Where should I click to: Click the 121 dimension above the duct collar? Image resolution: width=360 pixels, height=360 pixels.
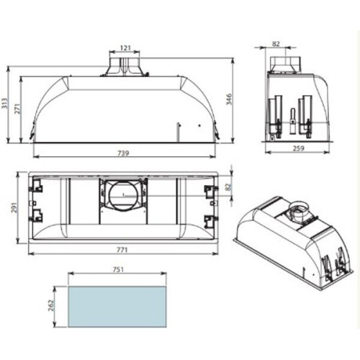pyautogui.click(x=125, y=48)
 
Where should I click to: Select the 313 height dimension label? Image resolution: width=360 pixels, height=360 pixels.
pyautogui.click(x=5, y=103)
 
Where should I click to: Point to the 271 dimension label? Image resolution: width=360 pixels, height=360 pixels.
pyautogui.click(x=17, y=109)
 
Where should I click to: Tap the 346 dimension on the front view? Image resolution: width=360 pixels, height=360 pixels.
pyautogui.click(x=229, y=99)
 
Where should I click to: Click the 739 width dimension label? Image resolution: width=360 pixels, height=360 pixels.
pyautogui.click(x=123, y=153)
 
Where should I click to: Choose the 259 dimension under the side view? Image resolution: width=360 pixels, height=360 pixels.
pyautogui.click(x=298, y=148)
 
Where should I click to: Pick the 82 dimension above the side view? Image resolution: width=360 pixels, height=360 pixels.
pyautogui.click(x=276, y=44)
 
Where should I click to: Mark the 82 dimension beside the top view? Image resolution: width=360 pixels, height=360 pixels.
pyautogui.click(x=228, y=187)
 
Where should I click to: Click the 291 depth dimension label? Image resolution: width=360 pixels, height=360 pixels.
pyautogui.click(x=14, y=208)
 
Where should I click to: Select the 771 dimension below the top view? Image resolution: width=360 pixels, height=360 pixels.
pyautogui.click(x=122, y=250)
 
